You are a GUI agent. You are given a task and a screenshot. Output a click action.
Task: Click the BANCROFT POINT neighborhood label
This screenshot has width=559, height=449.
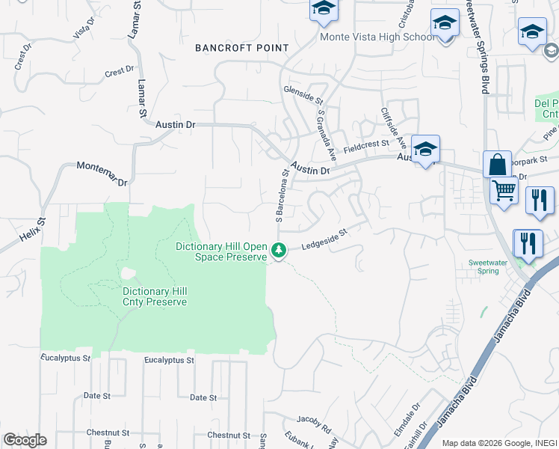(241, 48)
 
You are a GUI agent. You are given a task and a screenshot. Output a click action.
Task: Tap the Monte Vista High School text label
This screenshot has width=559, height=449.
(377, 37)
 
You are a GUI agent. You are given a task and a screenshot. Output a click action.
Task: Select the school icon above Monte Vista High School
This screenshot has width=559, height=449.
(324, 9)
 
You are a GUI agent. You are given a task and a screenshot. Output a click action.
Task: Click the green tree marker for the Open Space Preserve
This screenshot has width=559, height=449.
(279, 251)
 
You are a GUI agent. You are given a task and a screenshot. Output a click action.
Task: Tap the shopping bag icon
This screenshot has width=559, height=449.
(497, 164)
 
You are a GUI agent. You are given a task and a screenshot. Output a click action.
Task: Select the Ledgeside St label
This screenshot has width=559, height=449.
(325, 239)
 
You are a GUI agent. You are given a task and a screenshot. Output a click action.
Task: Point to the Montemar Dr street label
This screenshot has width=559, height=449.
(102, 173)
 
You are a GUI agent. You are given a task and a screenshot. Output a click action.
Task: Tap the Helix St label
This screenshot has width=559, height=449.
(32, 230)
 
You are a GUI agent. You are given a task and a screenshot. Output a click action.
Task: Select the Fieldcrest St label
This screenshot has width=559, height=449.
(366, 146)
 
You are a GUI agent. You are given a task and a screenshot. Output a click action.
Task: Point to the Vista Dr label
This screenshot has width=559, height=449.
(84, 28)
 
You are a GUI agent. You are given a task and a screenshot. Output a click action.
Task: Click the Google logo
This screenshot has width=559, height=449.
(24, 440)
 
